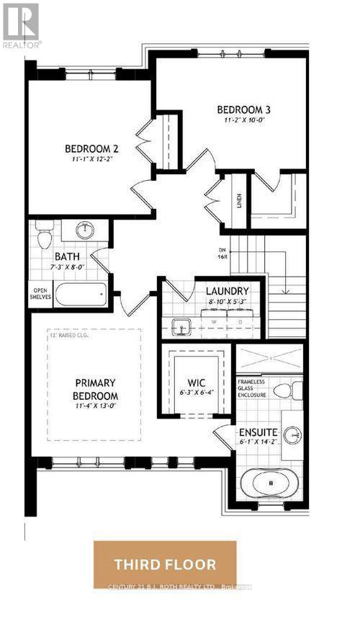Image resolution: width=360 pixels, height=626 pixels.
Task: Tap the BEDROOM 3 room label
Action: point(242,109)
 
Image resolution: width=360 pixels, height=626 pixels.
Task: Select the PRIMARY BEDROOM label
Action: point(96,389)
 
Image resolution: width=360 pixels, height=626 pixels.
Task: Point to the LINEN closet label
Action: point(239,200)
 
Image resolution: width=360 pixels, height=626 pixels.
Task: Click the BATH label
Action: point(67,256)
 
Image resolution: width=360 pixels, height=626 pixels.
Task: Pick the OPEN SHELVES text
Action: point(39,295)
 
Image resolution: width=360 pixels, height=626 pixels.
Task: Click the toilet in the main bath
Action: point(45,238)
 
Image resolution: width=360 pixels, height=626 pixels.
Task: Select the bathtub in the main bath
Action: point(81,295)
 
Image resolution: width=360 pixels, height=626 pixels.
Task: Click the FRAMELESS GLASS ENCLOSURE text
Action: point(253,387)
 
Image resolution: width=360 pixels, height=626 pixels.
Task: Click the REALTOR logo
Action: point(21,24)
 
